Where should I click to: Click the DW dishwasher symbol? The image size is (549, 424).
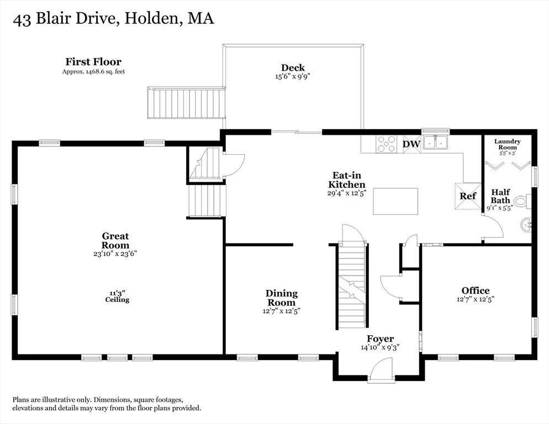tap(411, 144)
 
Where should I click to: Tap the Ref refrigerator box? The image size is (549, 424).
tap(468, 196)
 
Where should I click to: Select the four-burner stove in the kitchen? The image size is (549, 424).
tap(386, 144)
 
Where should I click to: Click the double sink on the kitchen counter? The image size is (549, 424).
tap(435, 142)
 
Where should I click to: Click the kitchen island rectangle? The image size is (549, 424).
tap(395, 202)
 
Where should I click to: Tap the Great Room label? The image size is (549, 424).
tap(115, 241)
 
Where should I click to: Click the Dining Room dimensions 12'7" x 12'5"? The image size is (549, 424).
tap(282, 311)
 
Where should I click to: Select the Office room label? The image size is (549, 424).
tap(476, 290)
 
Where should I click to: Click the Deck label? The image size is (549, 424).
tap(293, 67)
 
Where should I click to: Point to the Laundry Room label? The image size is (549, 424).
tap(508, 144)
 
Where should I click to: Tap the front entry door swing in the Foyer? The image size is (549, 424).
tap(381, 369)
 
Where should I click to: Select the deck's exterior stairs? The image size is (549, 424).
tap(186, 103)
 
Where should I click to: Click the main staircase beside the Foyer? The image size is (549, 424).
tap(352, 285)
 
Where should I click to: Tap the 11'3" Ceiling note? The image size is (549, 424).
tap(117, 296)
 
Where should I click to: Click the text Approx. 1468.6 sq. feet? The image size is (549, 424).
tap(93, 71)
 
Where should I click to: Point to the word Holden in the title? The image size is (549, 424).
tap(152, 18)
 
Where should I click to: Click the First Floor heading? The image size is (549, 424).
tap(93, 62)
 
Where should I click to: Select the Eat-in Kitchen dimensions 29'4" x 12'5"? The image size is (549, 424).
tap(347, 193)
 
